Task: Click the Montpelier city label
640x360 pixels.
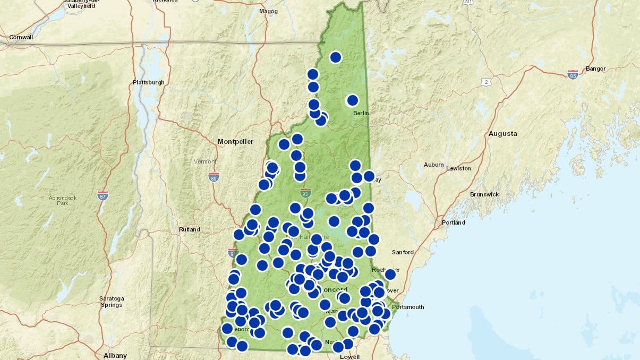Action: coord(235,141)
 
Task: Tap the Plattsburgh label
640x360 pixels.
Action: coord(149,83)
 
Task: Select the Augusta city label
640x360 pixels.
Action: coord(502,134)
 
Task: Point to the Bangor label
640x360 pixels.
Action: coord(595,68)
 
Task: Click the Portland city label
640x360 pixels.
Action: coord(453,222)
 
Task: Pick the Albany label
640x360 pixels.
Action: coord(115,355)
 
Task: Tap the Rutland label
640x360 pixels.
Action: coord(190,229)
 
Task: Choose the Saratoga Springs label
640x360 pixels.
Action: coord(112,302)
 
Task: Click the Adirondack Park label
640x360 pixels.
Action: coord(63,200)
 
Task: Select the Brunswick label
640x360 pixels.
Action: coord(484,194)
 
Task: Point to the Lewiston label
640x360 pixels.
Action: coord(458,168)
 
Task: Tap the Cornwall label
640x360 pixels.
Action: coord(21,37)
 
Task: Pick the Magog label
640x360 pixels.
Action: coord(268,11)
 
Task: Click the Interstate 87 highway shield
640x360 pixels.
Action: coord(103,195)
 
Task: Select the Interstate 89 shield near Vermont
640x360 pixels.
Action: coord(214,177)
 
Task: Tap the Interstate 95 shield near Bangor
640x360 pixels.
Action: coord(573,74)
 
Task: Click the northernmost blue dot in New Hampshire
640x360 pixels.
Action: coord(336,57)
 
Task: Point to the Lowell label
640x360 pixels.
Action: coord(350,356)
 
